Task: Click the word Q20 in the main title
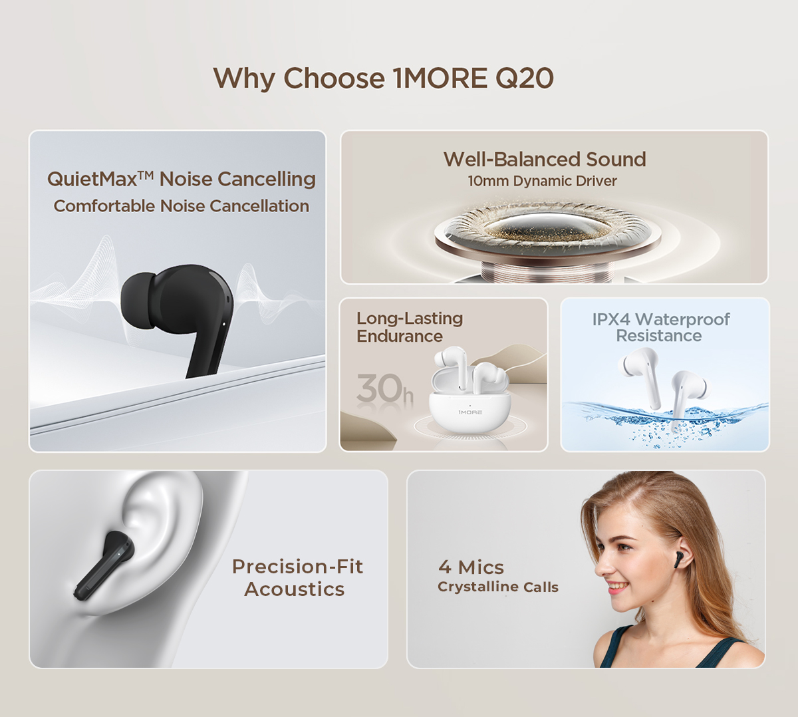525,78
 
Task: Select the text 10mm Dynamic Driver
542,181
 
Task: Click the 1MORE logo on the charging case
470,412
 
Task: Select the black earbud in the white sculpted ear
103,566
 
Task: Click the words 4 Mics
471,567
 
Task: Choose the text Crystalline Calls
498,587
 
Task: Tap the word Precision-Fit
297,567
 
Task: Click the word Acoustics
294,589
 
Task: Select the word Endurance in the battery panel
400,337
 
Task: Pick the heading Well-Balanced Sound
545,160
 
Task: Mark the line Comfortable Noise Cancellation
181,206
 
